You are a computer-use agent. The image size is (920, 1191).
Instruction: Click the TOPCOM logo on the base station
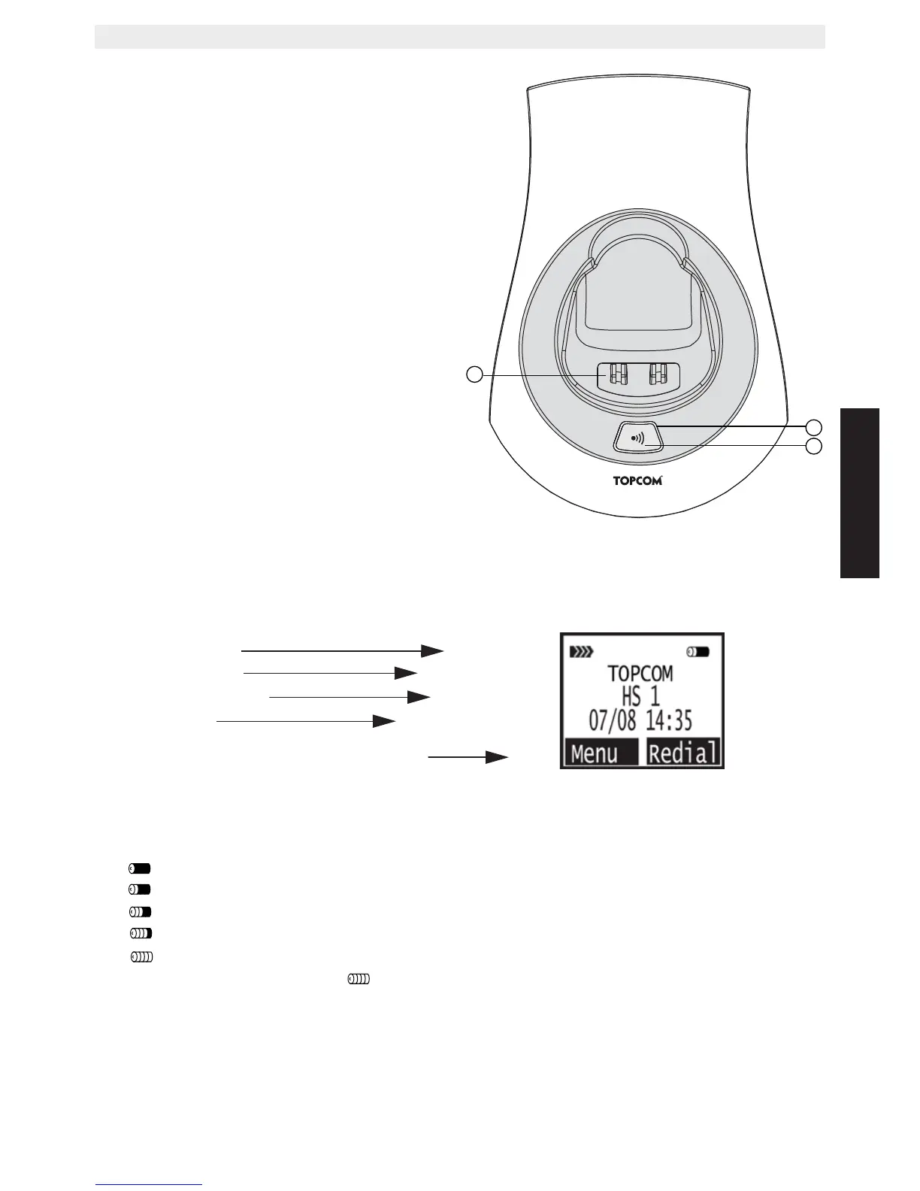pos(637,480)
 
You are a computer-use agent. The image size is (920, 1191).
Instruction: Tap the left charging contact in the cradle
pos(617,374)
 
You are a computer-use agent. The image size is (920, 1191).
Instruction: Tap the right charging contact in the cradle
pos(658,374)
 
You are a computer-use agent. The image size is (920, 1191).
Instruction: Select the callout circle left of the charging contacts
pos(474,374)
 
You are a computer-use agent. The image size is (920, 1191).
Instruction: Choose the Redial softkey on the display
pos(683,752)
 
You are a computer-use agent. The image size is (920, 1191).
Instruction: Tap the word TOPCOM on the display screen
pos(640,674)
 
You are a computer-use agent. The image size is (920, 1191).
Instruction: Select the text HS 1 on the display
pos(640,697)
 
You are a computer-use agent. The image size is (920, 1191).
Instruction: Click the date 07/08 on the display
pos(612,721)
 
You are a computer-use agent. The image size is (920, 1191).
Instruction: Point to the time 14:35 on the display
pos(668,721)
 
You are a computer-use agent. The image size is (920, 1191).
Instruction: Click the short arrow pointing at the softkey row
pos(468,757)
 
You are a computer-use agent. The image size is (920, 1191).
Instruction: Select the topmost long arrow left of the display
pos(342,650)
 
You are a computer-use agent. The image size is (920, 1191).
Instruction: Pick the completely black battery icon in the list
pos(140,868)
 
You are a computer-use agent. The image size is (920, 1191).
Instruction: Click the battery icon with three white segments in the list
pos(141,933)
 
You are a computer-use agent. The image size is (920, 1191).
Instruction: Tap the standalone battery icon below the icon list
pos(359,979)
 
